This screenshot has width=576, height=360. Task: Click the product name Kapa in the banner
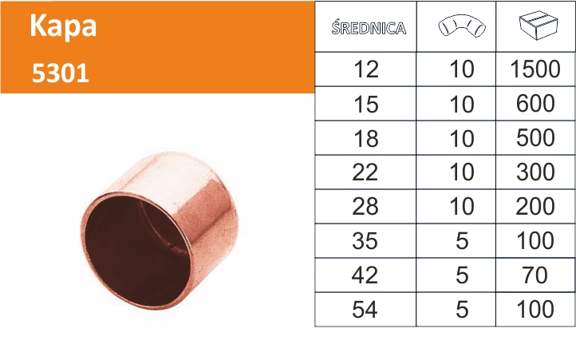pos(63,27)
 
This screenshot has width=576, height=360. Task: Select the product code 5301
pos(61,73)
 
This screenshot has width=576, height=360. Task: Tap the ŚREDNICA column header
pos(369,28)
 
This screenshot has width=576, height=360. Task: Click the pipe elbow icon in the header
pos(462,26)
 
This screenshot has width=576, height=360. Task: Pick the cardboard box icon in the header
pos(539,26)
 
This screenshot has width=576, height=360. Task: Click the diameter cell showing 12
pos(366,69)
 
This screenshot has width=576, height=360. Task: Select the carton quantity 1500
pos(535,69)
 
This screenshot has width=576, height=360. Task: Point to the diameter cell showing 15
pos(366,104)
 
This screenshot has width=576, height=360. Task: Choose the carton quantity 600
pos(535,103)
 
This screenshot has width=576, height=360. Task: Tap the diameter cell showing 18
pos(366,139)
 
